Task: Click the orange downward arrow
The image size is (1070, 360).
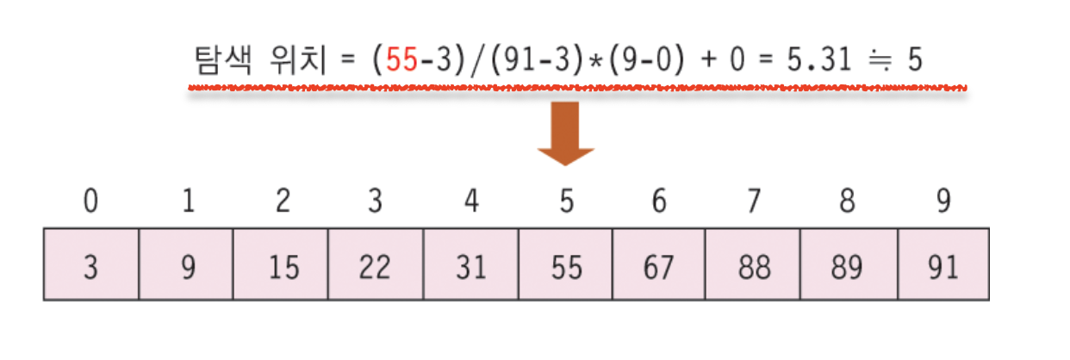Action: coord(566,134)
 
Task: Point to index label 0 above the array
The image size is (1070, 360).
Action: coord(90,202)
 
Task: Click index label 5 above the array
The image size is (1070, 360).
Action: coord(565,202)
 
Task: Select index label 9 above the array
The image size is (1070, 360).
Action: coord(944,202)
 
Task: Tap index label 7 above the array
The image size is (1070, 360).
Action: coord(755,202)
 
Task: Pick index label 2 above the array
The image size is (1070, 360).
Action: coord(282,202)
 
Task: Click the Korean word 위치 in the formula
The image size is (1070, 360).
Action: coord(292,62)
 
